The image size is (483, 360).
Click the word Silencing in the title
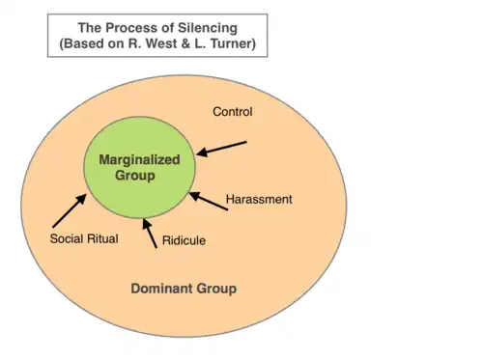pyautogui.click(x=208, y=28)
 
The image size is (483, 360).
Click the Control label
pyautogui.click(x=233, y=112)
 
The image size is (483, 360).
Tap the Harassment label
pyautogui.click(x=259, y=199)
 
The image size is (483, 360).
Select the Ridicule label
pyautogui.click(x=184, y=240)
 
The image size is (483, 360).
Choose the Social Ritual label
pyautogui.click(x=84, y=238)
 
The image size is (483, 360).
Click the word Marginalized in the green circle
pyautogui.click(x=139, y=159)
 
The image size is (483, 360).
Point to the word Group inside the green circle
pyautogui.click(x=135, y=176)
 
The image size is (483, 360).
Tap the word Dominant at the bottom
pyautogui.click(x=162, y=289)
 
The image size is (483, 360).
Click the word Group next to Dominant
pyautogui.click(x=216, y=289)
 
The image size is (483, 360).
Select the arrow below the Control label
pyautogui.click(x=221, y=149)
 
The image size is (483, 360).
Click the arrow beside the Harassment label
pyautogui.click(x=209, y=201)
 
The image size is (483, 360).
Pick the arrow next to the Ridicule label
pyautogui.click(x=150, y=234)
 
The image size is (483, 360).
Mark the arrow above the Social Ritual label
pyautogui.click(x=70, y=210)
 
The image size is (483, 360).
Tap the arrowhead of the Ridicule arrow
pyautogui.click(x=146, y=224)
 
